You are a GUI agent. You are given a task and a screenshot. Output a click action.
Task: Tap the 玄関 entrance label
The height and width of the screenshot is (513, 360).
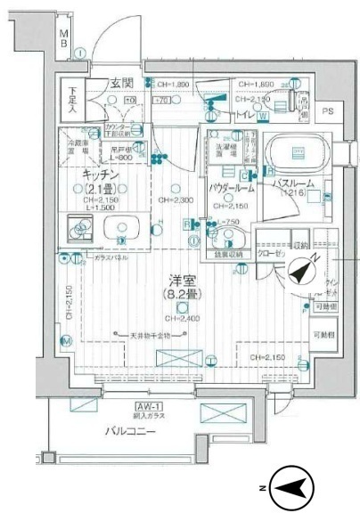coord(121,83)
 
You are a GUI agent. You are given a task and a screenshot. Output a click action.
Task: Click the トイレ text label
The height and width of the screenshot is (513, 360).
coord(243,116)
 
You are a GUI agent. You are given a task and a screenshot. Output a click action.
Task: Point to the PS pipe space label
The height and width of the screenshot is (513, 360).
coord(328,111)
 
